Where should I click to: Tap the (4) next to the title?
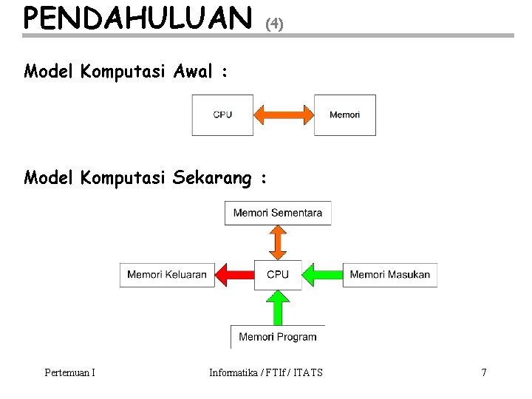274,24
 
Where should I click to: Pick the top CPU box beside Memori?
222,115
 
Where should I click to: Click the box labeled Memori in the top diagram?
344,115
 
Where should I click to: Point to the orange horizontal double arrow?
284,115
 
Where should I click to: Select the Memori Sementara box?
278,213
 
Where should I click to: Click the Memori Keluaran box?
167,275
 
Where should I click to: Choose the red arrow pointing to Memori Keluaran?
234,275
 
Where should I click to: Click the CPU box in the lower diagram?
278,275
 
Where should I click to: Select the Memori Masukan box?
389,275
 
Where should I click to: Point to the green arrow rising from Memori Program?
278,307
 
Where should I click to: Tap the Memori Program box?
278,337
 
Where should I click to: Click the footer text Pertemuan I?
69,372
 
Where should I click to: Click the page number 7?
484,372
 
